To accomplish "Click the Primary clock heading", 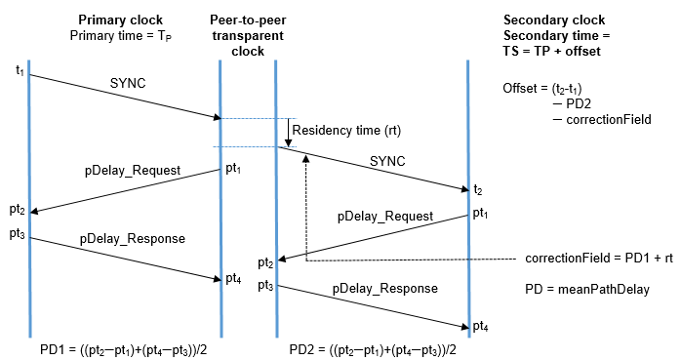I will pyautogui.click(x=121, y=20).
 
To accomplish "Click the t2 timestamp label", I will pyautogui.click(x=477, y=189).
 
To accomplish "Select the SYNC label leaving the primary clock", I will pyautogui.click(x=128, y=84).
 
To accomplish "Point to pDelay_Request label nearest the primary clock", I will pyautogui.click(x=131, y=170).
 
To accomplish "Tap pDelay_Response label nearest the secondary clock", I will pyautogui.click(x=384, y=289).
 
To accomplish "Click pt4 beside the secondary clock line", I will pyautogui.click(x=480, y=325).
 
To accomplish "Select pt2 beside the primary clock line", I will pyautogui.click(x=18, y=210).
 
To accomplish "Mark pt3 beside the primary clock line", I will pyautogui.click(x=18, y=234).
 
